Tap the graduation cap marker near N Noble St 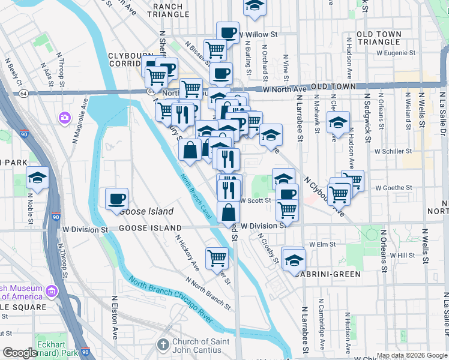37,178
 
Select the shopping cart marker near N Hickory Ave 217,258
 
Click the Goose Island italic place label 146,212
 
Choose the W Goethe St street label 393,187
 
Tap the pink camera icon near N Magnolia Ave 64,118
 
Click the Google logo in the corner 20,353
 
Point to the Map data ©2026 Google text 412,355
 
